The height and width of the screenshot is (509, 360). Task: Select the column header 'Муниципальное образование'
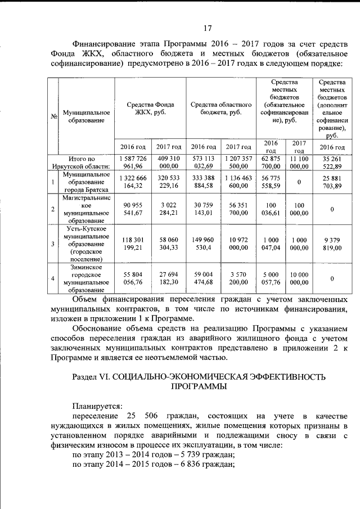[x=86, y=116]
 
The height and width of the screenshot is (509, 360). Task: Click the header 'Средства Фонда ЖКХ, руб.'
[x=150, y=108]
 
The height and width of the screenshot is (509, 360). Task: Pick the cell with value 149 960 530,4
[x=203, y=244]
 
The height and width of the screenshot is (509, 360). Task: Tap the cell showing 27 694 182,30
[x=168, y=278]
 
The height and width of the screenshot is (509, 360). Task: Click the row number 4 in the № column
[x=52, y=278]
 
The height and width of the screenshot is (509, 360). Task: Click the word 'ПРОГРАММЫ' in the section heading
[x=199, y=387]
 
